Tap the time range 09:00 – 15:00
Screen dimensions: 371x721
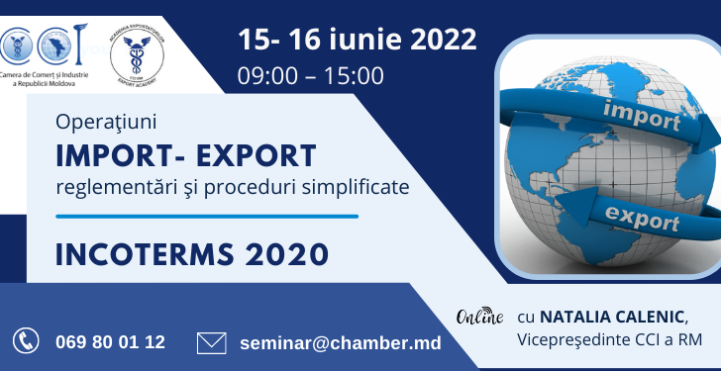(x=310, y=74)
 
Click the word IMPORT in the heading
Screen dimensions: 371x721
(x=116, y=155)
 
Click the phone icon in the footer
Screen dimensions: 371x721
(x=26, y=342)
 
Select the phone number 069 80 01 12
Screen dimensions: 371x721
(x=111, y=342)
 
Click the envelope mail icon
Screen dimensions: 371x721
(x=212, y=342)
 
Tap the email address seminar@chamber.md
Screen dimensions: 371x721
(x=341, y=342)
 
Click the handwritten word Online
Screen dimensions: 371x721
(x=480, y=318)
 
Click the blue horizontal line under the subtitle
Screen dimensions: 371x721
(x=207, y=216)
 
